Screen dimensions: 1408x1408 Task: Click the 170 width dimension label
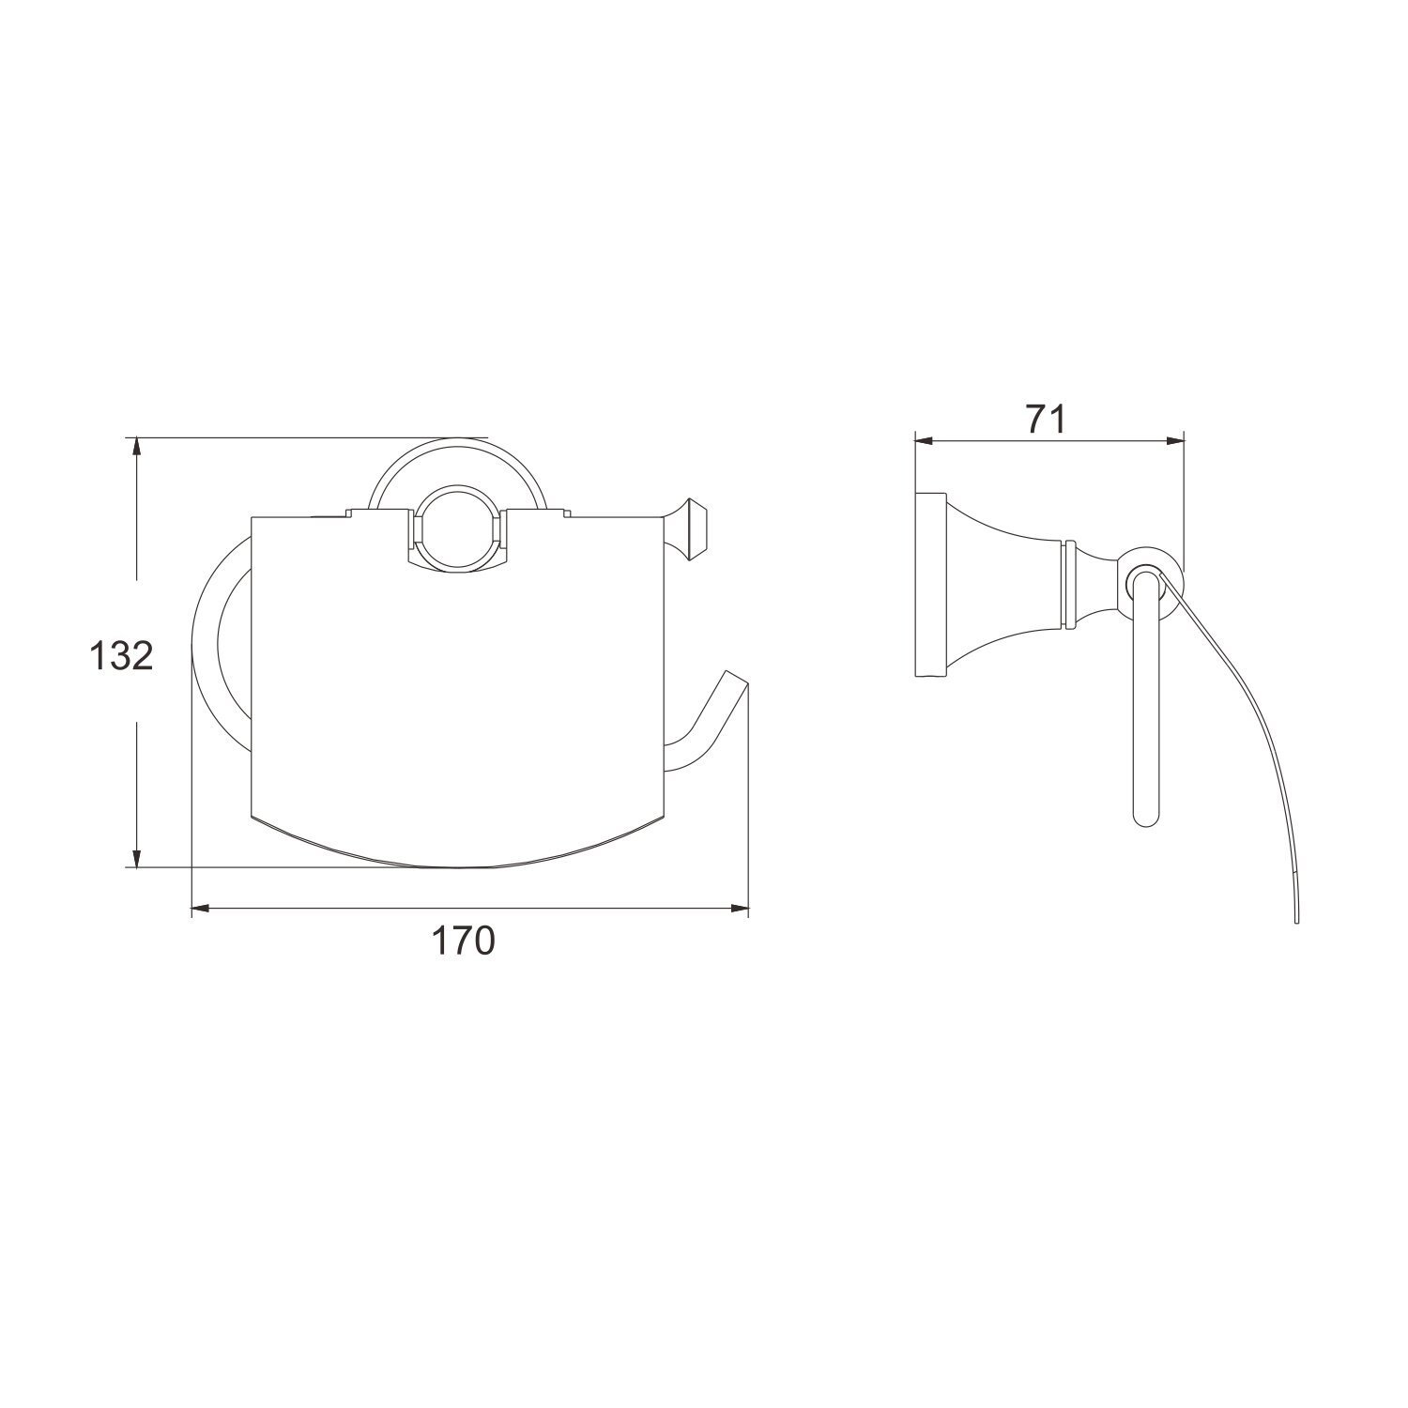tap(463, 940)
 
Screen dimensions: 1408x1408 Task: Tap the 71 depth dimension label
tap(1046, 420)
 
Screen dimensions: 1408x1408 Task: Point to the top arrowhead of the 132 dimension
tap(137, 447)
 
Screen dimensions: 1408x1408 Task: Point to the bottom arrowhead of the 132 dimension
tap(137, 857)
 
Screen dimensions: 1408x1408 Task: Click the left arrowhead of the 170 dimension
tap(201, 909)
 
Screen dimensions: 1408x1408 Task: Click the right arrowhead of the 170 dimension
tap(739, 909)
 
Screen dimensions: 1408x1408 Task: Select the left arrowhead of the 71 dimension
tap(926, 440)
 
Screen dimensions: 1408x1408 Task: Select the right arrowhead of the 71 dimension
tap(1173, 440)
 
